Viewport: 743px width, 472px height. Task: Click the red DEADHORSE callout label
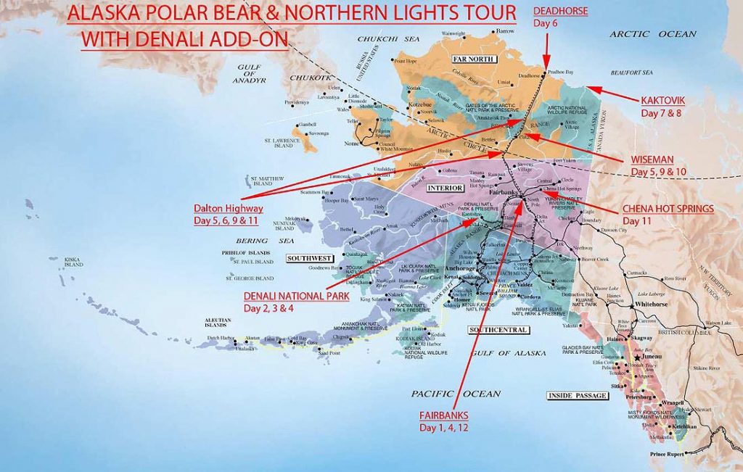pyautogui.click(x=560, y=11)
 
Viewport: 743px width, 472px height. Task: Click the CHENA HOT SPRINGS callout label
pyautogui.click(x=668, y=209)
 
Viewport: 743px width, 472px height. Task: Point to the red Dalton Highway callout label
pyautogui.click(x=229, y=209)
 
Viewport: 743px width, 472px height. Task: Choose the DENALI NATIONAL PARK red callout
pyautogui.click(x=296, y=296)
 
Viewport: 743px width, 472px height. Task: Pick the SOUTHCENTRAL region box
pyautogui.click(x=499, y=330)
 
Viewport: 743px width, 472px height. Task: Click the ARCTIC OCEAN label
pyautogui.click(x=652, y=34)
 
